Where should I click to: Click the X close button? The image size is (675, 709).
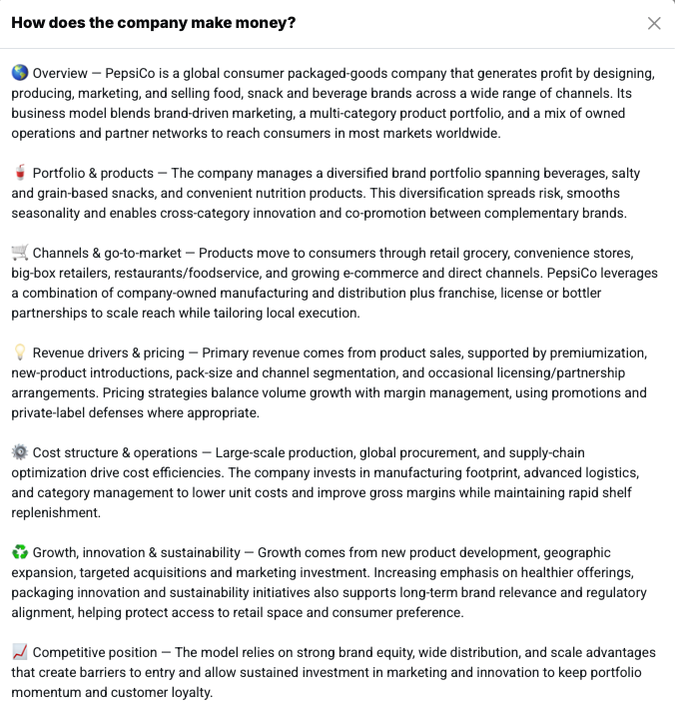click(x=654, y=23)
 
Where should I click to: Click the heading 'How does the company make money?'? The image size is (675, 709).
click(x=153, y=22)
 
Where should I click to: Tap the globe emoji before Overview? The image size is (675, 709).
click(x=20, y=73)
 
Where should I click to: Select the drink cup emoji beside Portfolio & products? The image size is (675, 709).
click(x=20, y=173)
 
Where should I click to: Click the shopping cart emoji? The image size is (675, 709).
click(x=20, y=253)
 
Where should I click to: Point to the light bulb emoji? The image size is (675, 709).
click(x=20, y=353)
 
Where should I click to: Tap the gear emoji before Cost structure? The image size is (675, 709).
click(x=20, y=452)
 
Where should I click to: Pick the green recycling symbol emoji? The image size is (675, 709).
click(x=20, y=552)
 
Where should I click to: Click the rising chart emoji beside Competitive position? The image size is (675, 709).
click(x=20, y=652)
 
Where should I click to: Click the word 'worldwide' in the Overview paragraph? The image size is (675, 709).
click(x=465, y=133)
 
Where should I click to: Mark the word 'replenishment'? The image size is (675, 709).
click(x=56, y=512)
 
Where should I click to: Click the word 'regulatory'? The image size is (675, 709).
click(x=611, y=592)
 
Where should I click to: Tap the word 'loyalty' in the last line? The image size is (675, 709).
click(x=188, y=692)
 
